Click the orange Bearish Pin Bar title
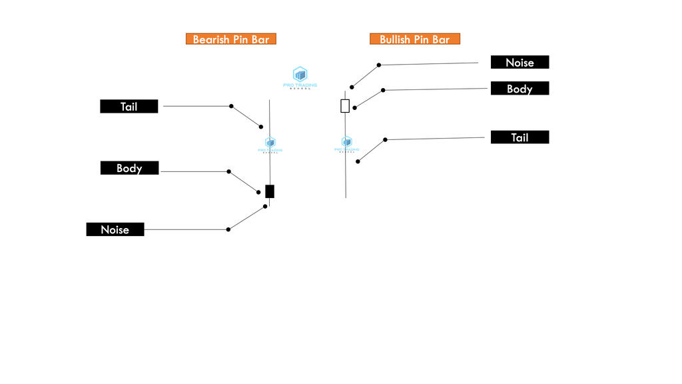[x=230, y=39]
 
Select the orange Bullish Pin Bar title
[x=415, y=39]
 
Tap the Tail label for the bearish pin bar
[x=129, y=106]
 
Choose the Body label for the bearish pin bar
[x=129, y=168]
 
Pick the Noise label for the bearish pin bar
[x=115, y=229]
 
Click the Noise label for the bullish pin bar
[x=519, y=62]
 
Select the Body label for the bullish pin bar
[x=519, y=88]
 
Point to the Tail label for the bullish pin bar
[x=519, y=137]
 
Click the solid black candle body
[x=270, y=191]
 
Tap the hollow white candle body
[x=345, y=105]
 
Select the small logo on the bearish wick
[x=270, y=145]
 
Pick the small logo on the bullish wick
[x=346, y=144]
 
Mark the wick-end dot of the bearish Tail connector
[x=261, y=126]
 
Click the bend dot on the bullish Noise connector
[x=379, y=65]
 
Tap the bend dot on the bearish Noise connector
[x=228, y=229]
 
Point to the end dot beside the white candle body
[x=354, y=107]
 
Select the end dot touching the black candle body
[x=259, y=193]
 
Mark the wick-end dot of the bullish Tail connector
[x=358, y=161]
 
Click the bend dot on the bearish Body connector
[x=228, y=171]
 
